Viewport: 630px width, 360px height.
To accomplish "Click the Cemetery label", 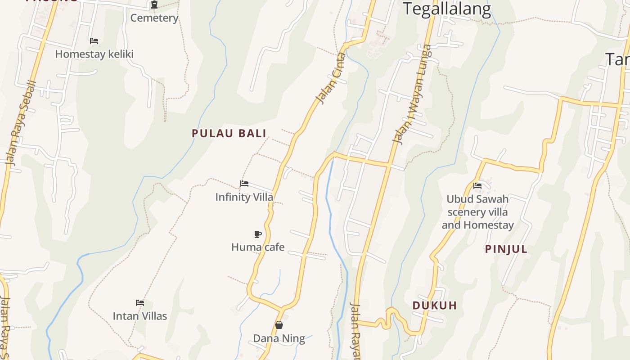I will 154,18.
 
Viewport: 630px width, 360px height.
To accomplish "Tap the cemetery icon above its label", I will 154,4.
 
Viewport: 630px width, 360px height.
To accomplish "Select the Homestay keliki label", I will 94,54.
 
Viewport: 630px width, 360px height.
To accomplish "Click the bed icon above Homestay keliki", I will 94,40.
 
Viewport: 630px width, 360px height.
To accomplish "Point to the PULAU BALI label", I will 229,133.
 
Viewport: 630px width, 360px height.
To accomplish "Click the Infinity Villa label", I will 244,197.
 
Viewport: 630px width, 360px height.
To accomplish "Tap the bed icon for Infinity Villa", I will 244,184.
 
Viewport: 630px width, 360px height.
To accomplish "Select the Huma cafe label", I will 258,247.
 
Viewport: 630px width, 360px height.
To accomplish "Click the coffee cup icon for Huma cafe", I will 258,234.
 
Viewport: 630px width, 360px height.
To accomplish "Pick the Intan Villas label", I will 140,316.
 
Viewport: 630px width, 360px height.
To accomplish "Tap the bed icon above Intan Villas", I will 140,303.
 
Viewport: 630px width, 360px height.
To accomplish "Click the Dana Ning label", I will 279,338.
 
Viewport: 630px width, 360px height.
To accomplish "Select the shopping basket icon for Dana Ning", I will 279,325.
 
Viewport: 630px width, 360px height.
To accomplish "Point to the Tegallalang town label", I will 446,9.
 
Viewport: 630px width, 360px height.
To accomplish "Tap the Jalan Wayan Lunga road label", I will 411,94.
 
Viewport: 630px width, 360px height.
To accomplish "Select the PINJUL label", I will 506,249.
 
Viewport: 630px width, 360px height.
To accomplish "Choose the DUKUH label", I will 435,306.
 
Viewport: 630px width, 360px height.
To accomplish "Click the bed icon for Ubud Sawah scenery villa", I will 477,185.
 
